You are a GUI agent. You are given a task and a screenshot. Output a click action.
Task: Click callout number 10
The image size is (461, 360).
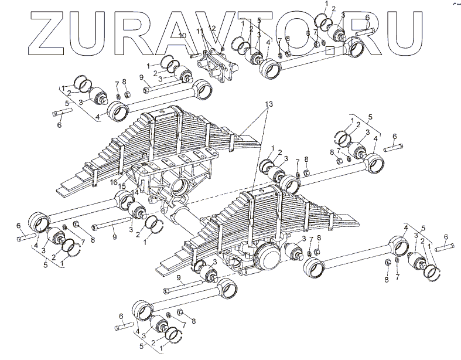point(182,36)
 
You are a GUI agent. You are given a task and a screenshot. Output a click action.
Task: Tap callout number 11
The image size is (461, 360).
point(199,30)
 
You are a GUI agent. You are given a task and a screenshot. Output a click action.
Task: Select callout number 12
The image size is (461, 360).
point(211,28)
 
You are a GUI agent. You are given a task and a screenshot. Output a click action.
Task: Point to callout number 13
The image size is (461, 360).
point(268,104)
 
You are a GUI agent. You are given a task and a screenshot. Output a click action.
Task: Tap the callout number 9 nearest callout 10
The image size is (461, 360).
point(141,77)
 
